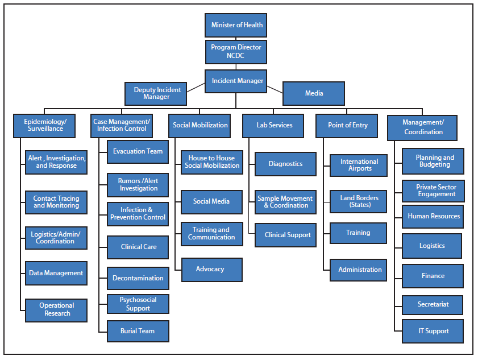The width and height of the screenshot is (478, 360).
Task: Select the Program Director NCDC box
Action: coord(236,51)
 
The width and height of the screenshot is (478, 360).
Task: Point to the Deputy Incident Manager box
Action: coord(156,94)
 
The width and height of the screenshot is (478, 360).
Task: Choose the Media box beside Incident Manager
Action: coord(314,94)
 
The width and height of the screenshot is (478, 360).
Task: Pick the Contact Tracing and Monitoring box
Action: coord(56,202)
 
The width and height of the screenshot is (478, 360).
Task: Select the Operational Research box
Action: coord(56,310)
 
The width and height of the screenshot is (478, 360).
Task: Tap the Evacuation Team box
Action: coord(138,152)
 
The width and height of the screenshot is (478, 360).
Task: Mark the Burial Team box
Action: coord(138,331)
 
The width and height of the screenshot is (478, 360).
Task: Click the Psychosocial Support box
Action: coord(138,304)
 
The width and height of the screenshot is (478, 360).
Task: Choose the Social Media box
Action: coord(211,202)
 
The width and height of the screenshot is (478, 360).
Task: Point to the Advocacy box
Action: coord(211,270)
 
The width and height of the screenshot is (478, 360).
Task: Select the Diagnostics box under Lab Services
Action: coord(285,164)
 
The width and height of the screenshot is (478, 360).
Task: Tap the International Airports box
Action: coord(359,165)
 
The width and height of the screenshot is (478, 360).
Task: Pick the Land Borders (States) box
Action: coord(359,202)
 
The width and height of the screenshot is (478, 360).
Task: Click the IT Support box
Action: coord(433,332)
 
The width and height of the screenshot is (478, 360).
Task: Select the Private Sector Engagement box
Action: coord(433,191)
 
